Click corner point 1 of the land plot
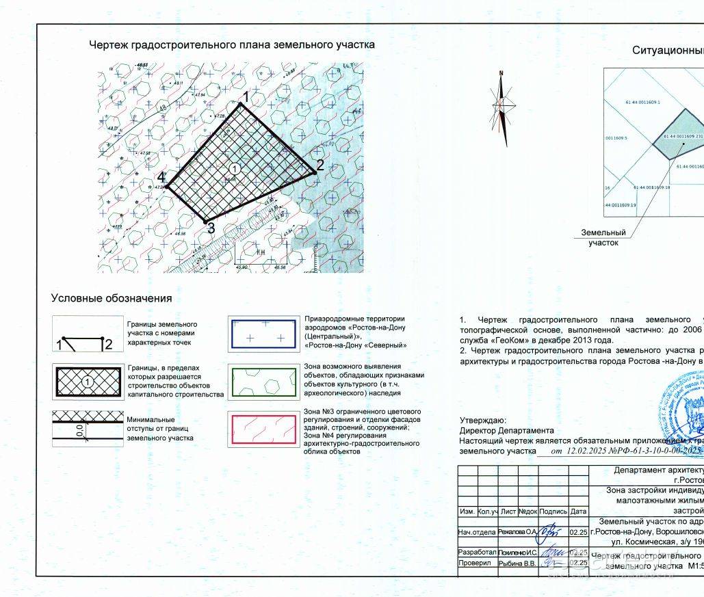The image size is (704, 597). click(x=241, y=104)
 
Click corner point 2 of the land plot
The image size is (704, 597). click(x=314, y=172)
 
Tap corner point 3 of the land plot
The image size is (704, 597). click(x=206, y=221)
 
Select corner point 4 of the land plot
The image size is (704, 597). click(x=168, y=187)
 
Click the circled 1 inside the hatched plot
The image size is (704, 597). click(x=234, y=168)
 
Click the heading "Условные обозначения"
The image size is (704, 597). click(x=112, y=299)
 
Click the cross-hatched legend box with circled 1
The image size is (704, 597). click(x=88, y=381)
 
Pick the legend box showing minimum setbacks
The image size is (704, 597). click(x=88, y=429)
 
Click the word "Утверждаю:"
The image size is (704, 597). click(x=483, y=439)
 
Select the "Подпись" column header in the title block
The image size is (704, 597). click(x=553, y=530)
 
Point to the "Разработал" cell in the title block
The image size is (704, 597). click(x=477, y=551)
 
